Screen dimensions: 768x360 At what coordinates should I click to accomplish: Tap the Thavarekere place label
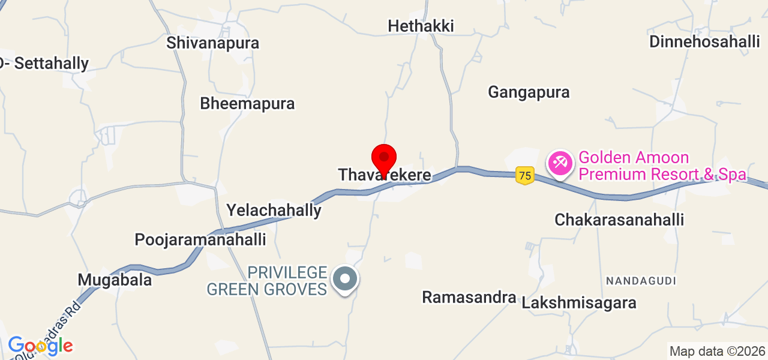(385, 175)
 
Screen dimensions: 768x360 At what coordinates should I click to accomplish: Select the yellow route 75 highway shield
(525, 176)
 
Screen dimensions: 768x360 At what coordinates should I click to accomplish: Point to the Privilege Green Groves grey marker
(345, 280)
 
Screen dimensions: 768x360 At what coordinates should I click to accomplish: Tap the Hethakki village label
(421, 26)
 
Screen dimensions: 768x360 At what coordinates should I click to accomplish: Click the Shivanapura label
(213, 43)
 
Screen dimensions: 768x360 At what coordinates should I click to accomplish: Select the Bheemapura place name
(247, 103)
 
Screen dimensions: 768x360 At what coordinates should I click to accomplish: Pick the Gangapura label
(529, 92)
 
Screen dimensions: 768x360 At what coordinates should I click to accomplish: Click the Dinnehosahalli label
(705, 42)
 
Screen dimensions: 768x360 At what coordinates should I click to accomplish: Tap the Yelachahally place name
(274, 211)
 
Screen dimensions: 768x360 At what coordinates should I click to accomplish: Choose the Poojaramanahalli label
(200, 240)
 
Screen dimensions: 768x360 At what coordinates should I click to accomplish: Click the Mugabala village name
(115, 280)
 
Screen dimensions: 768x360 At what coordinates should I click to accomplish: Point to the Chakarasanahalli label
(619, 220)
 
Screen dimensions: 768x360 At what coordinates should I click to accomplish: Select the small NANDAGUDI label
(641, 281)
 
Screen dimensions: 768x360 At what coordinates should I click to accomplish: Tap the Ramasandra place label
(469, 297)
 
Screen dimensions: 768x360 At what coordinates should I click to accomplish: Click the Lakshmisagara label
(579, 303)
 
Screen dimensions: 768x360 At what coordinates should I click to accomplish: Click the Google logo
(40, 346)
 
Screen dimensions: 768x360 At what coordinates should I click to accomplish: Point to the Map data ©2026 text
(718, 352)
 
